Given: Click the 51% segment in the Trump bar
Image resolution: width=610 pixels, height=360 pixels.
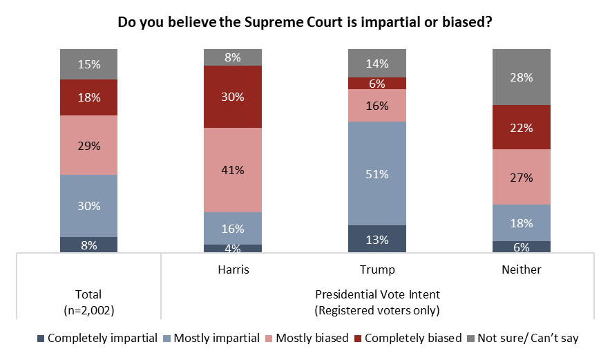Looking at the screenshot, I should click(377, 173).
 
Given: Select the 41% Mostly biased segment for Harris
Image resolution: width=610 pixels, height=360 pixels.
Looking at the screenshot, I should click(233, 170).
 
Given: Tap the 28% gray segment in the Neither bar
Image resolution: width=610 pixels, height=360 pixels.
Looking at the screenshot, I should click(521, 77).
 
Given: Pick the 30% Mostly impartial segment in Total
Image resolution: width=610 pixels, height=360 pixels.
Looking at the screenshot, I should click(89, 206).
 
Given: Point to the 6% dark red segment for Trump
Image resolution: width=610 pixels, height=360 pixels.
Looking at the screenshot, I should click(377, 83).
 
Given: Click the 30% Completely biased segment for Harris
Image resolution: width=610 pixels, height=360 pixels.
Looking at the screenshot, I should click(233, 97).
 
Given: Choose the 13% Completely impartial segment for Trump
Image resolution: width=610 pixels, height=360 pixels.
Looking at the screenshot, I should click(377, 239).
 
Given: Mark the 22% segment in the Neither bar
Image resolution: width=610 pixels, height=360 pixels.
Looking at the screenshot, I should click(521, 127).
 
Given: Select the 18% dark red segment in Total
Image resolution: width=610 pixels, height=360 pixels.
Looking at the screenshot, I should click(89, 97).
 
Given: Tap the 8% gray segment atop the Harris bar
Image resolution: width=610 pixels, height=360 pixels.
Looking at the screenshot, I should click(233, 57).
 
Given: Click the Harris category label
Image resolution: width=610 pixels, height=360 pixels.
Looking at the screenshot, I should click(233, 269).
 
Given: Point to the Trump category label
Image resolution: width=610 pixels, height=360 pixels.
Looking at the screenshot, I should click(377, 269).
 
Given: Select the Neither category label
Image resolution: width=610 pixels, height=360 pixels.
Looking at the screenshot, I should click(521, 269).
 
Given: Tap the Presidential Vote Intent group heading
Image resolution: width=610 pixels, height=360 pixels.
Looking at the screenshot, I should click(377, 294).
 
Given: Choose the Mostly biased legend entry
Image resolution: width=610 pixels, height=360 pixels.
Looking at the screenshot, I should click(308, 339).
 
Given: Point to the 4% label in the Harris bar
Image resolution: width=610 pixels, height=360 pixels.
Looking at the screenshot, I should click(233, 248).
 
